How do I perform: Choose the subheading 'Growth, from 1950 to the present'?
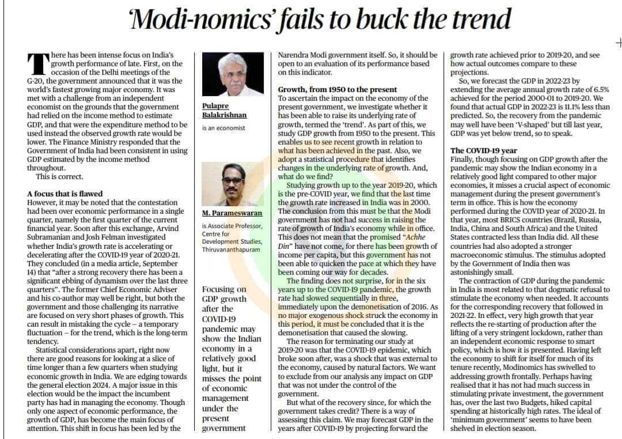(x=337, y=90)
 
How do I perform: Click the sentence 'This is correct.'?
(x=59, y=176)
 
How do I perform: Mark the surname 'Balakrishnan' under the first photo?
(x=225, y=115)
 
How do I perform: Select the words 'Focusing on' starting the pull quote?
(x=225, y=289)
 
